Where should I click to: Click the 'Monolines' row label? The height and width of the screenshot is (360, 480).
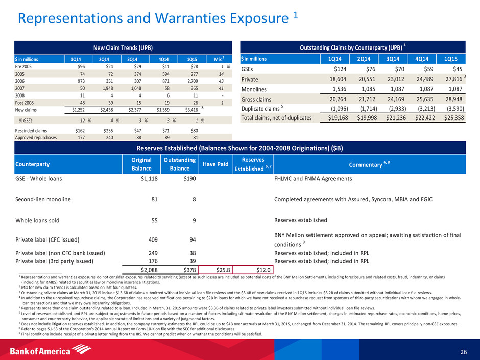click(256, 89)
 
